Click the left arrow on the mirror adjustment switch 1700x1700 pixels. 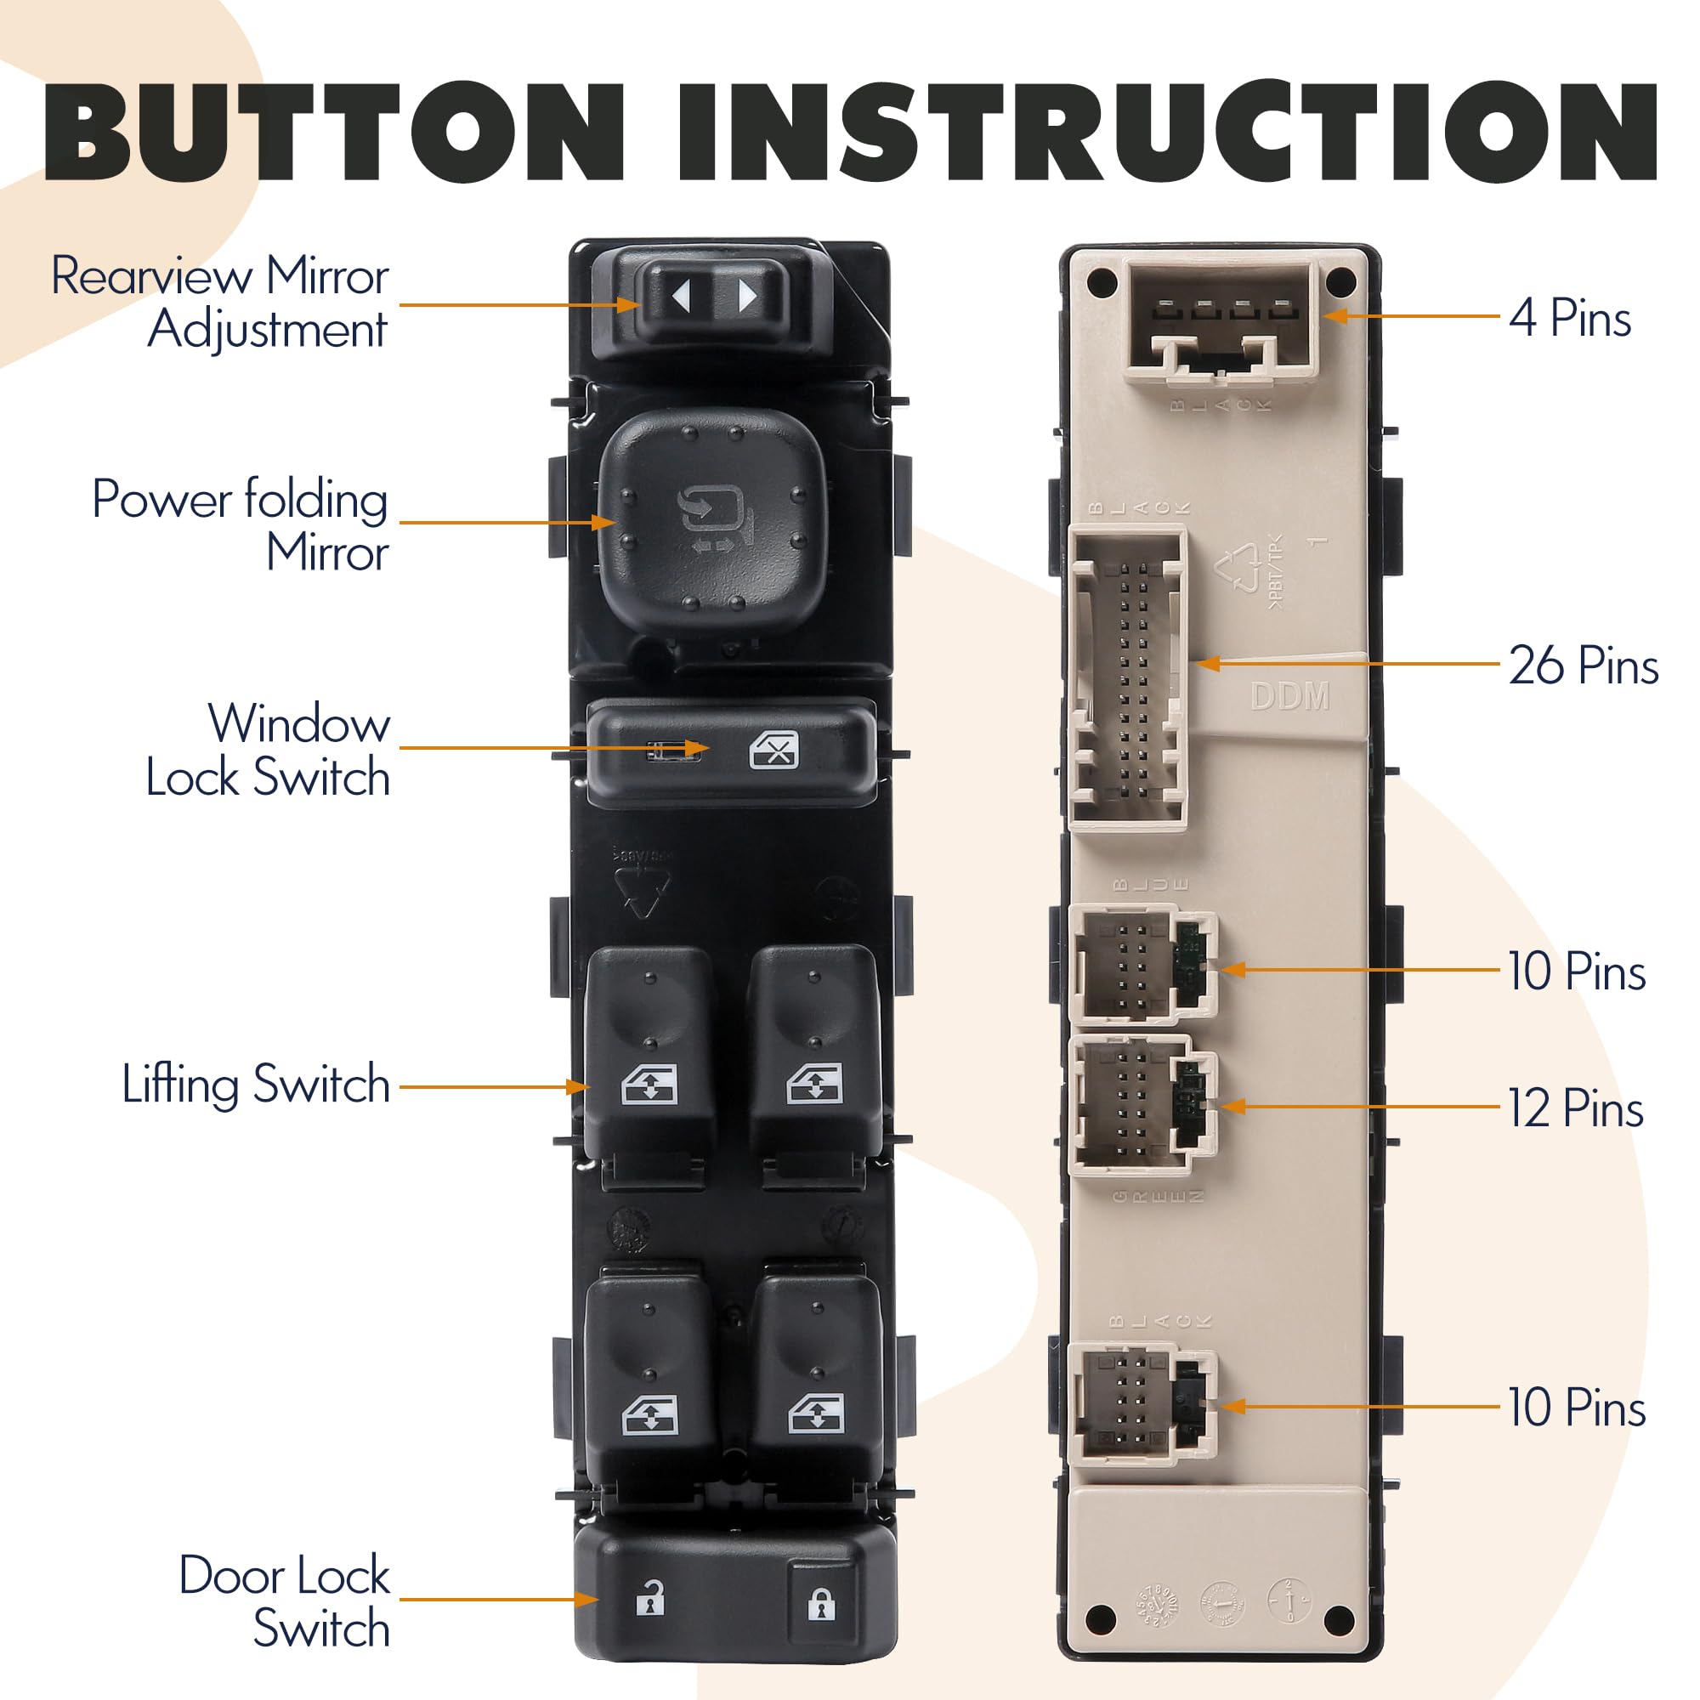click(x=681, y=297)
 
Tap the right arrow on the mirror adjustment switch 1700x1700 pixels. click(x=746, y=297)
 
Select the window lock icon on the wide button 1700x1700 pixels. click(x=773, y=751)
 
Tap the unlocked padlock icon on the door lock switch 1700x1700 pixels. click(x=650, y=1599)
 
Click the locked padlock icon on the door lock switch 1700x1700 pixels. click(x=820, y=1604)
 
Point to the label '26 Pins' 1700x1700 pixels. click(x=1582, y=666)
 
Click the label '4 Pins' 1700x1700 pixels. click(x=1570, y=318)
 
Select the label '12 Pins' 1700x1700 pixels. click(x=1575, y=1108)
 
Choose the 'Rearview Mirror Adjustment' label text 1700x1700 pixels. click(x=220, y=302)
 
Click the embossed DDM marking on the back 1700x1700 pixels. click(x=1289, y=697)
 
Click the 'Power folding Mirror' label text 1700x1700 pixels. click(x=241, y=525)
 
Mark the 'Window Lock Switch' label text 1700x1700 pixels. click(x=269, y=750)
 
